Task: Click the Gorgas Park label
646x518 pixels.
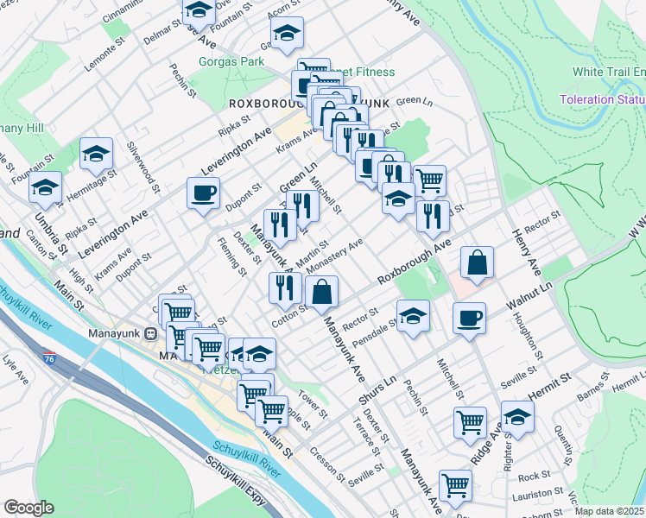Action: click(231, 62)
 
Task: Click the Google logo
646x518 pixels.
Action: click(28, 508)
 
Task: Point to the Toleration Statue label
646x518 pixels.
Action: click(601, 99)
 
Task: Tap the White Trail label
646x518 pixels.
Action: click(607, 72)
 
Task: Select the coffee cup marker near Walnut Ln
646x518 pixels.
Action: click(469, 318)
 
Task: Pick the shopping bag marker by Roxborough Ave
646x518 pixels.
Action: click(476, 262)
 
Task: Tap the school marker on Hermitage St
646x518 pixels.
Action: click(96, 155)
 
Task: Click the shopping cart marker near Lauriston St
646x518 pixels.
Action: click(455, 484)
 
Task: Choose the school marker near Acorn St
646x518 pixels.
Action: click(288, 33)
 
